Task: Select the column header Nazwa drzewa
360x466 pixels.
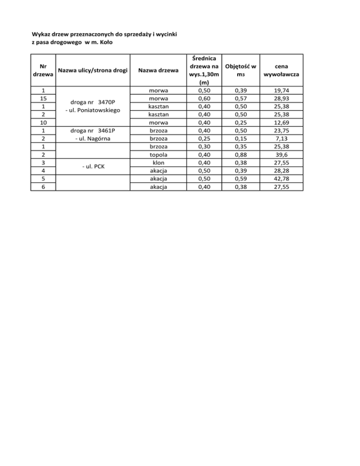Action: point(158,70)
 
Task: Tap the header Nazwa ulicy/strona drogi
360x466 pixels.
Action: point(92,70)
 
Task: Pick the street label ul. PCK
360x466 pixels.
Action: point(92,166)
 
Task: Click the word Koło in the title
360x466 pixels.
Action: point(105,43)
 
